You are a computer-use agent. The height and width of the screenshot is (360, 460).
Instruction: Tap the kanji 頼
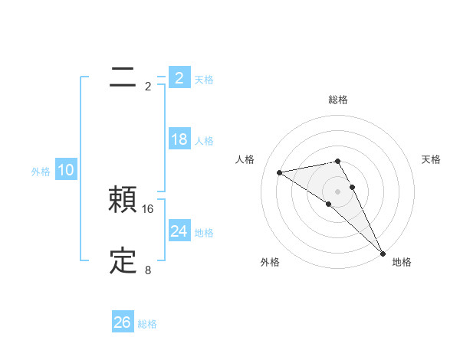(x=123, y=201)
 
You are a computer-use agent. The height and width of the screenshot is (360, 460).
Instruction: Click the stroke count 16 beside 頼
(x=149, y=208)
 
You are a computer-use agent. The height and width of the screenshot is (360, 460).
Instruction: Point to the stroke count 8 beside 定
(x=148, y=270)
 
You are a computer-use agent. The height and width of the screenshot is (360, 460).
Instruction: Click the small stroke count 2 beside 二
(x=148, y=86)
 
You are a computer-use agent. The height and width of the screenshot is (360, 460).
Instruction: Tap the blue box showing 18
(x=179, y=139)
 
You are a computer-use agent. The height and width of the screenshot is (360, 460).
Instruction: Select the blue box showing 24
(x=179, y=231)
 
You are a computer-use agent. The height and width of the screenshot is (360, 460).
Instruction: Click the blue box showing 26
(x=123, y=322)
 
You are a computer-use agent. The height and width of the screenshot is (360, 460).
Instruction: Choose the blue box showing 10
(x=66, y=170)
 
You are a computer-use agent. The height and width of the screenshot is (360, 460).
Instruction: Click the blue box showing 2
(x=179, y=78)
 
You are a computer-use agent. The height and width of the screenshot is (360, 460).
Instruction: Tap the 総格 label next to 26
(x=147, y=324)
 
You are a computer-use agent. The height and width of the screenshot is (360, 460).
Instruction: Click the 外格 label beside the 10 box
(x=41, y=172)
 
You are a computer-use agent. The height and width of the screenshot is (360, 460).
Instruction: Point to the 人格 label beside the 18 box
(x=204, y=141)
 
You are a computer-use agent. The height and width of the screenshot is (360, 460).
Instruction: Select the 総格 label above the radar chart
(x=338, y=100)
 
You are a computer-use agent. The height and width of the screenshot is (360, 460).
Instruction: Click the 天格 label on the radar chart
(x=432, y=159)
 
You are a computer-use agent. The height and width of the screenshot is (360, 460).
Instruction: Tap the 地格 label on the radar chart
(x=402, y=262)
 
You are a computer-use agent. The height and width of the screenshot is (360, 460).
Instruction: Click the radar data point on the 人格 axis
(x=280, y=172)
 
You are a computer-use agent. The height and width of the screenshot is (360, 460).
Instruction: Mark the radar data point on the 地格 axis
(x=383, y=254)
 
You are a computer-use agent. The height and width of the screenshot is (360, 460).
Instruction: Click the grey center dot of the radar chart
(x=337, y=191)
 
